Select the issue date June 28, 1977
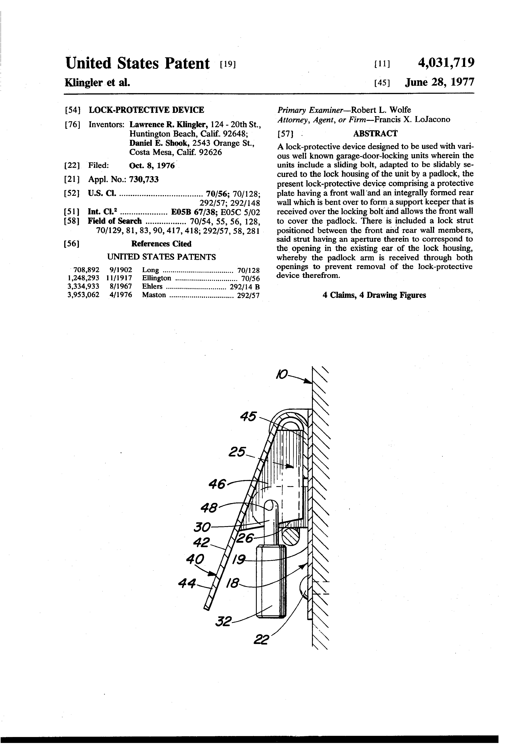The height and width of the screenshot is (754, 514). tap(439, 82)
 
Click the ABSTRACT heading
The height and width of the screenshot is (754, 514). tap(375, 133)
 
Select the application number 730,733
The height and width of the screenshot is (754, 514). tap(144, 179)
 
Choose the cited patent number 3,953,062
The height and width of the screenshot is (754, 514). tap(83, 295)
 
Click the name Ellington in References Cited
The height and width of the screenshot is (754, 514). tap(157, 278)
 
